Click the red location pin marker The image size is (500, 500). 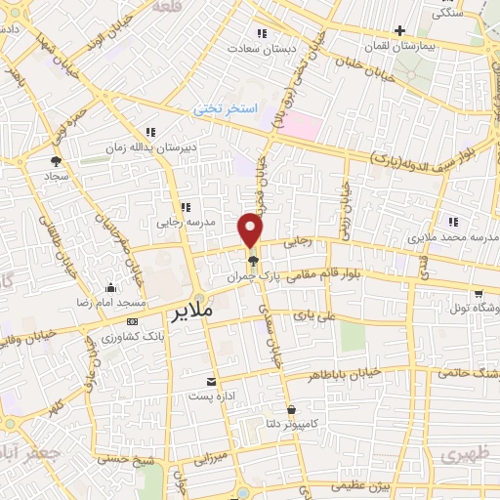pos(251,229)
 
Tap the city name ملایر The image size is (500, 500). pos(191,313)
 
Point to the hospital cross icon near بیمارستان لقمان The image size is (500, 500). pos(399,30)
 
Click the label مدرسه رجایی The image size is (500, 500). pos(185,223)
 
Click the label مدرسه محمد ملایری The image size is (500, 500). pos(451,236)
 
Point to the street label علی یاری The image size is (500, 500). pos(313,315)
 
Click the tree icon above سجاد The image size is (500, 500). pos(55,161)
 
